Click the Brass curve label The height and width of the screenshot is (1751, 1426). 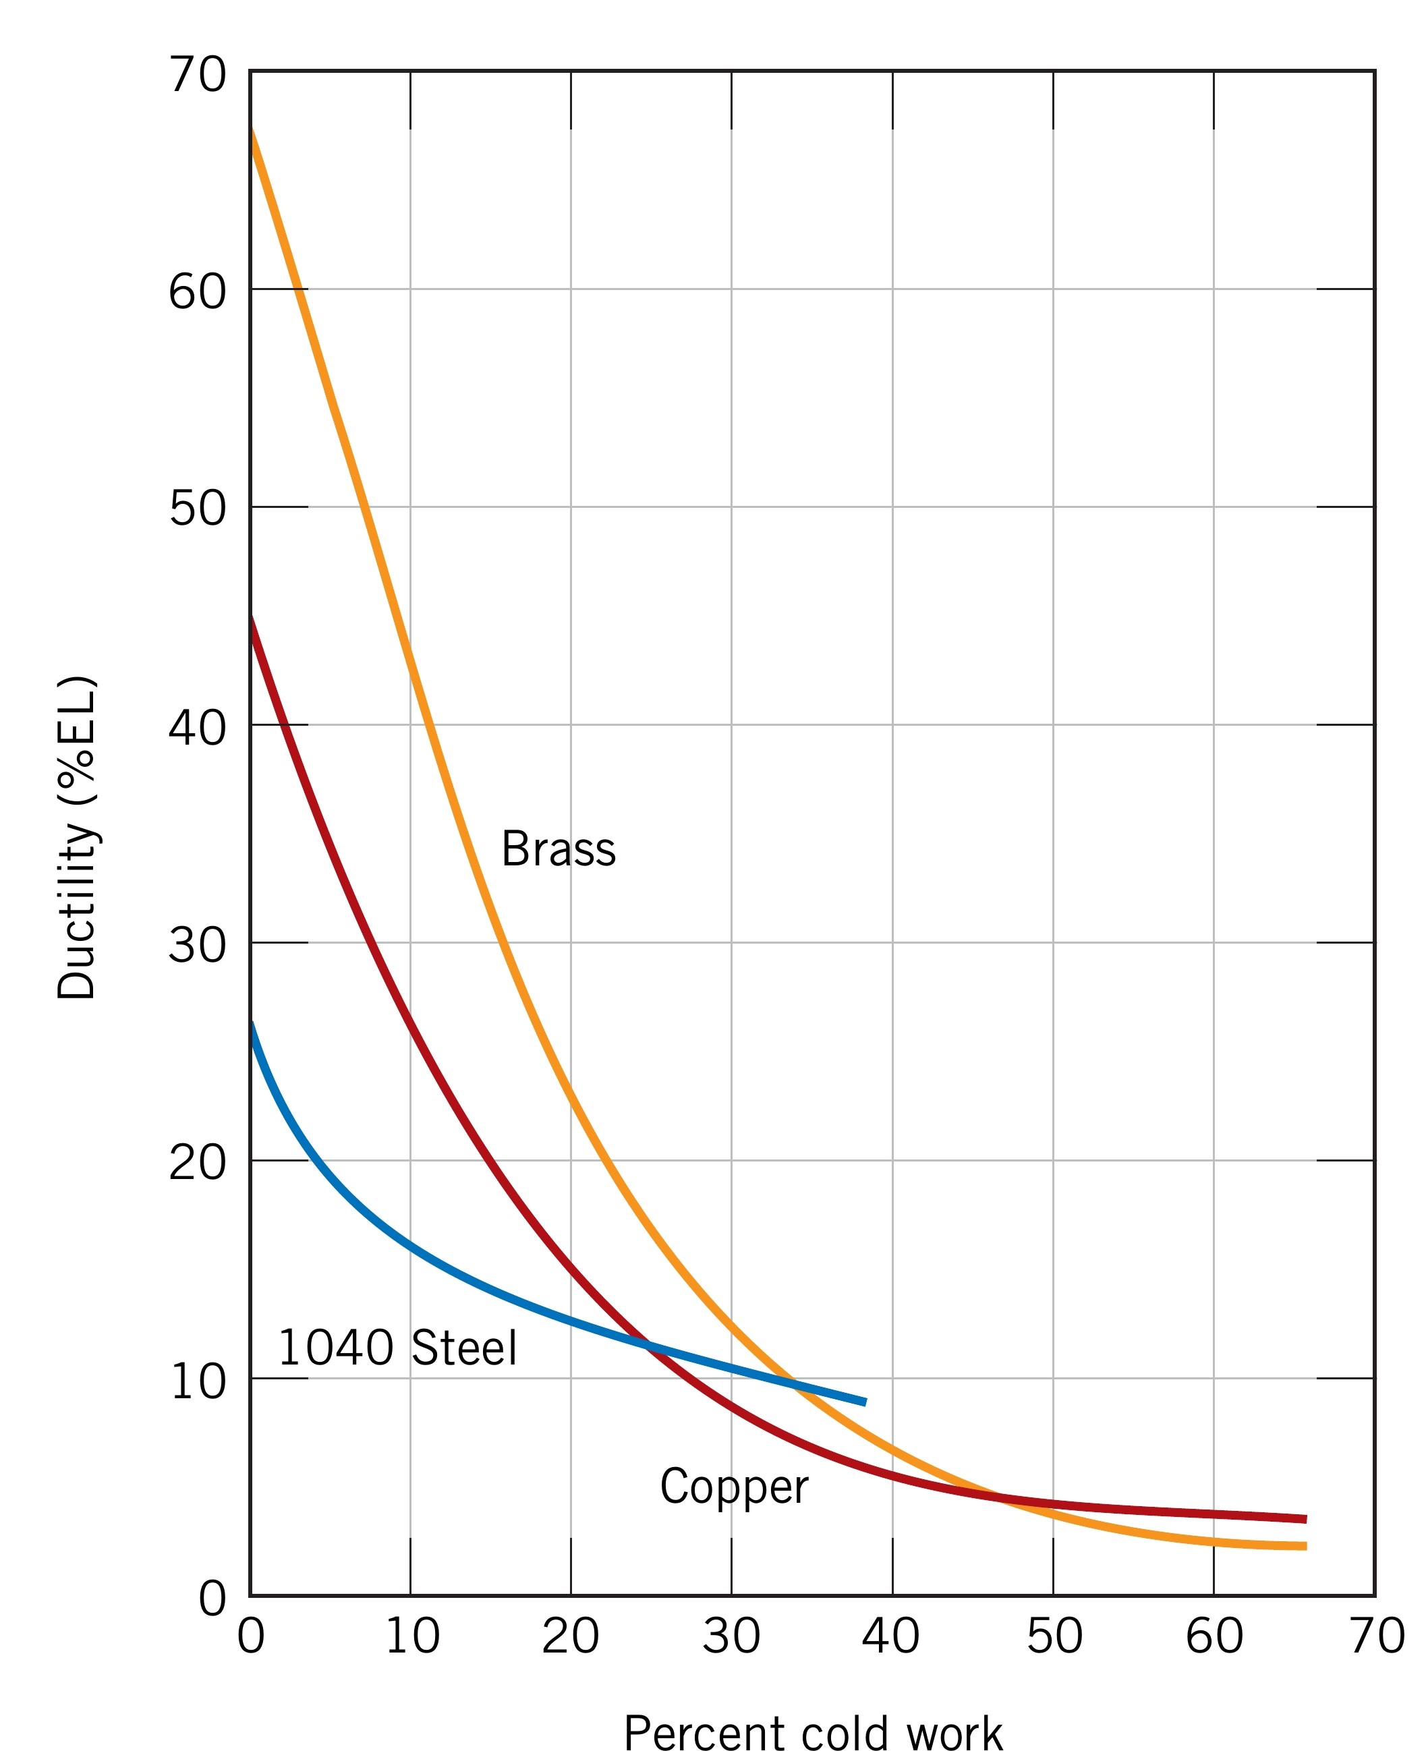(558, 849)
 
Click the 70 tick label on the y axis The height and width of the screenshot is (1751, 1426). (197, 76)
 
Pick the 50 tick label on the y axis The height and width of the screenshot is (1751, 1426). (197, 509)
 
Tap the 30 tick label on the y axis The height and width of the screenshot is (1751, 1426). (197, 944)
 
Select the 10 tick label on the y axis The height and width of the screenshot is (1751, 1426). (197, 1381)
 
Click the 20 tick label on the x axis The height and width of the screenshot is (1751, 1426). (570, 1634)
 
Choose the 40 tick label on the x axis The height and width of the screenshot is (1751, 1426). (891, 1634)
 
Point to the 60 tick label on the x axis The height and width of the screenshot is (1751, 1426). (1214, 1634)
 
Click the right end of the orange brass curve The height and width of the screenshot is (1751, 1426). (1305, 1547)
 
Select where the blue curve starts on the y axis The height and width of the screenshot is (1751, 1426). (252, 1023)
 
